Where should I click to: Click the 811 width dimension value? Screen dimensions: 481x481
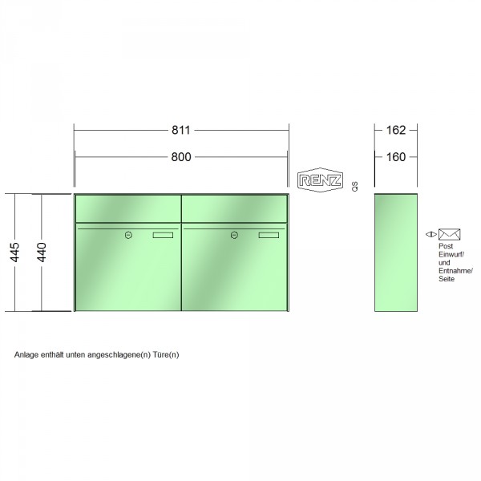[180, 130]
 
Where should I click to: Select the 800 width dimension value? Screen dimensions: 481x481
[181, 157]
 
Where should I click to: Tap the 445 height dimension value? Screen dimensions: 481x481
[14, 253]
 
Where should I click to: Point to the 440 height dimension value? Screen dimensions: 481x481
[42, 253]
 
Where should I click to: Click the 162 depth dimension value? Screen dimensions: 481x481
[396, 130]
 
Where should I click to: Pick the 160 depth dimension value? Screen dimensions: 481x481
[396, 157]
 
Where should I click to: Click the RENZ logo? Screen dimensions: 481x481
[320, 180]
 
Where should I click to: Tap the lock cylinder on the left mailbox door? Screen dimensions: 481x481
[128, 235]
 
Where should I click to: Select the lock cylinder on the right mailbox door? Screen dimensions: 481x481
[234, 235]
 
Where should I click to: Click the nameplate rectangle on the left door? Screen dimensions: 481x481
[163, 235]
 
